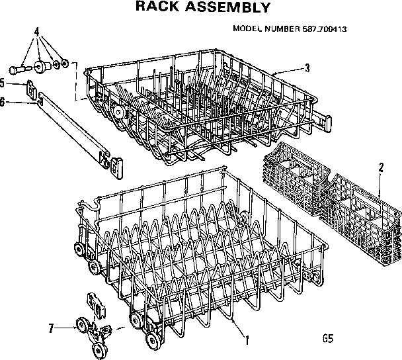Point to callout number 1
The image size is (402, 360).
[x=247, y=341]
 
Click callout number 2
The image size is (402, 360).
[x=380, y=167]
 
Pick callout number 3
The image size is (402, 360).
[x=307, y=67]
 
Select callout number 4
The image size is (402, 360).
[x=36, y=32]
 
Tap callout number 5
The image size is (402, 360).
[x=3, y=83]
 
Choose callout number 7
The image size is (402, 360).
[x=50, y=328]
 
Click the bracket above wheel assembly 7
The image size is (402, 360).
[x=97, y=305]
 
